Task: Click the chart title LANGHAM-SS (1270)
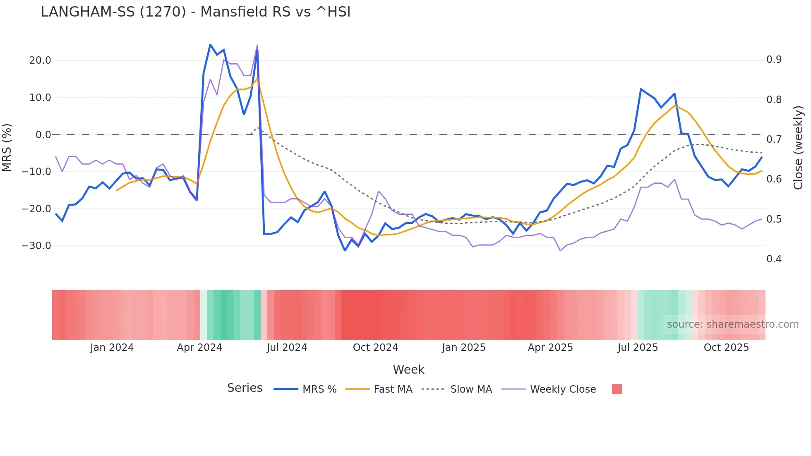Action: click(x=195, y=12)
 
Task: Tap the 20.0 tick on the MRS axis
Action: click(x=40, y=60)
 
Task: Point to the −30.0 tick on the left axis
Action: click(x=36, y=246)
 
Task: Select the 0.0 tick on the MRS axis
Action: click(x=43, y=135)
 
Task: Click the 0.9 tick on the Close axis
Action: click(x=774, y=60)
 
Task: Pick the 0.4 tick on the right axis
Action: click(x=774, y=259)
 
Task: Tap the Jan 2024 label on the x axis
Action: click(x=112, y=348)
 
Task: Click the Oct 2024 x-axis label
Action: click(x=375, y=348)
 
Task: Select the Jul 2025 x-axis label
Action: click(x=638, y=348)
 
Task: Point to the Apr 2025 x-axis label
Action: click(x=550, y=348)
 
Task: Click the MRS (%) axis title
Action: click(x=7, y=147)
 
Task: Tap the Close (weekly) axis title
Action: click(x=798, y=148)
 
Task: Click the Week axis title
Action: click(x=408, y=370)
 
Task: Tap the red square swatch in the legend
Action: click(x=617, y=389)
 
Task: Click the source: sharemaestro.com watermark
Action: click(x=732, y=324)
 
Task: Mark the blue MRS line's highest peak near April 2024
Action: click(x=210, y=45)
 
